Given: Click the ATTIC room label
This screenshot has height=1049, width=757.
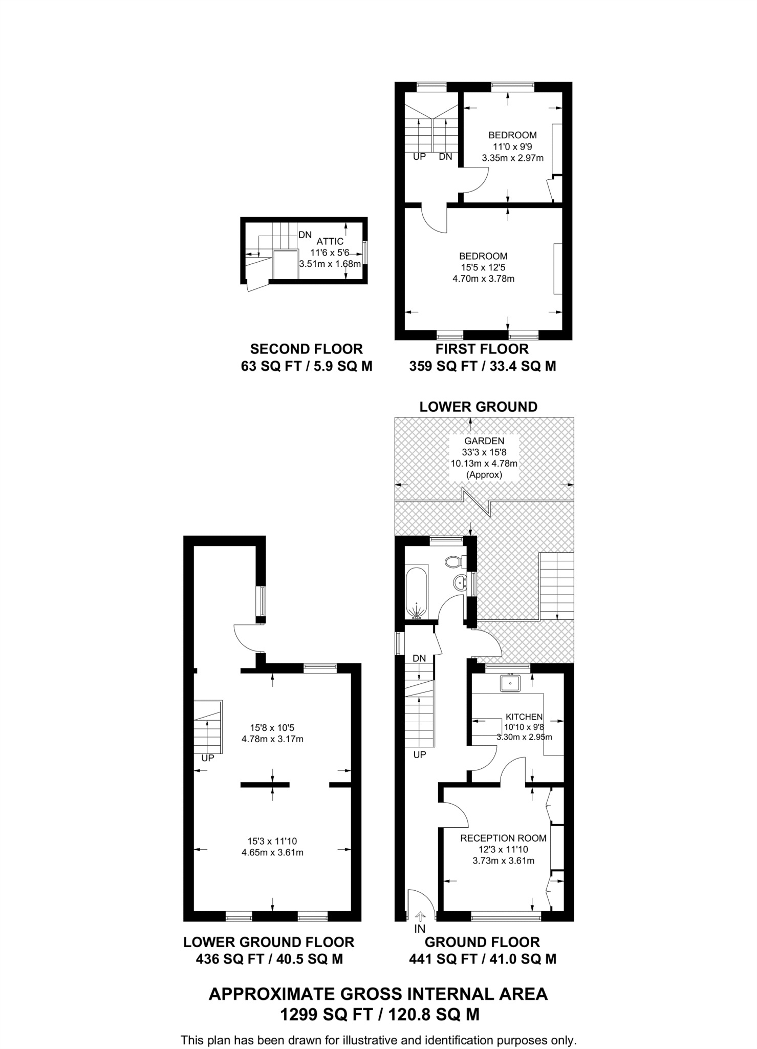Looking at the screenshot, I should (x=330, y=241).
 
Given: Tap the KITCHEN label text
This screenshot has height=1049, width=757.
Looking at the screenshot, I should (x=524, y=717).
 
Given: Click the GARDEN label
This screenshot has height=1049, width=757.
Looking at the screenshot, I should (x=484, y=441).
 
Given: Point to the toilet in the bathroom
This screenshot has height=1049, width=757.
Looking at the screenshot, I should (x=453, y=562).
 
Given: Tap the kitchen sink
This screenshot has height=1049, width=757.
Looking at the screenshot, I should (x=510, y=683).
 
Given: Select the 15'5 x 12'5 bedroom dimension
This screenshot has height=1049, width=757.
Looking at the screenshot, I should (x=483, y=267).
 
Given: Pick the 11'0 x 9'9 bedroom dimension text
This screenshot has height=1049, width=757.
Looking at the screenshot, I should (x=512, y=146).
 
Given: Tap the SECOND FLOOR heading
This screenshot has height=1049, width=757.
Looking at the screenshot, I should (x=306, y=349).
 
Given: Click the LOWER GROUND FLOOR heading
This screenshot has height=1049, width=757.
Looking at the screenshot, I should (x=269, y=942).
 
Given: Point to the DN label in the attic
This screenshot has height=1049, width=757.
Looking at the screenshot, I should (x=305, y=235).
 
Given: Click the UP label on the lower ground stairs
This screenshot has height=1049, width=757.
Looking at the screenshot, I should (x=207, y=758).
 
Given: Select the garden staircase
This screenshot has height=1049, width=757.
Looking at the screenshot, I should (x=556, y=586).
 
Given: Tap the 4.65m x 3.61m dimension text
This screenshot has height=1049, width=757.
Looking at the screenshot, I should (x=272, y=853).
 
